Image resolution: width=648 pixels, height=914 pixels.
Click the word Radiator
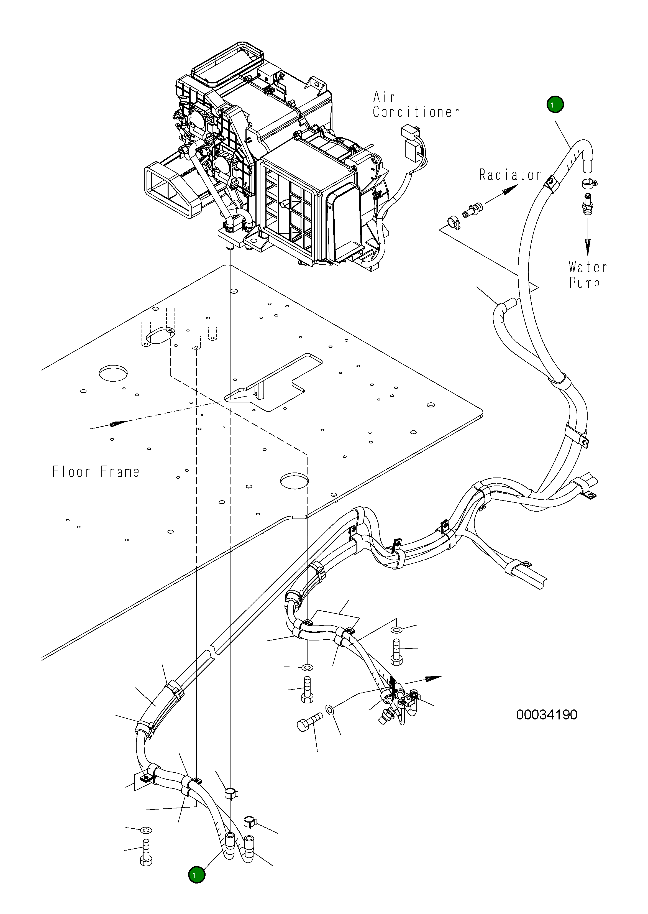[510, 175]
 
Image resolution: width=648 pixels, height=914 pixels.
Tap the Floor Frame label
[96, 472]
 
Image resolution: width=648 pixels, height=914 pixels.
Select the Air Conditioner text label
[416, 104]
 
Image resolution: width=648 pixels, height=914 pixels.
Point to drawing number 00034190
[547, 714]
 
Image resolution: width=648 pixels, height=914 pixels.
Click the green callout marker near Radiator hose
[555, 104]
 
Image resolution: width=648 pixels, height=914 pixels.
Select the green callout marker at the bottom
[197, 875]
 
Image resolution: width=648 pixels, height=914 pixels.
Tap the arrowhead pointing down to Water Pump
[587, 247]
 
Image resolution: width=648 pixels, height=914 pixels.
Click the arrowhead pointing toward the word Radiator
[509, 192]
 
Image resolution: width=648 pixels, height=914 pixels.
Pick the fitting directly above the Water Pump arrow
[587, 203]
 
